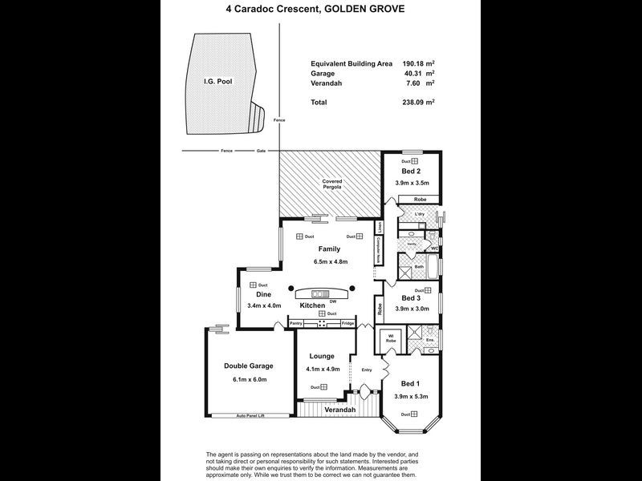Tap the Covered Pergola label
coord(332,184)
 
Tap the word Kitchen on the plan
coord(312,305)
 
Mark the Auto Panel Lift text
coord(251,415)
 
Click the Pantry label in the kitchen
coord(296,323)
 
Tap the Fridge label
coord(347,323)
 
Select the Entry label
coord(367,370)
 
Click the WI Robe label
coord(391,338)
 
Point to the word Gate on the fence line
coord(261,151)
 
